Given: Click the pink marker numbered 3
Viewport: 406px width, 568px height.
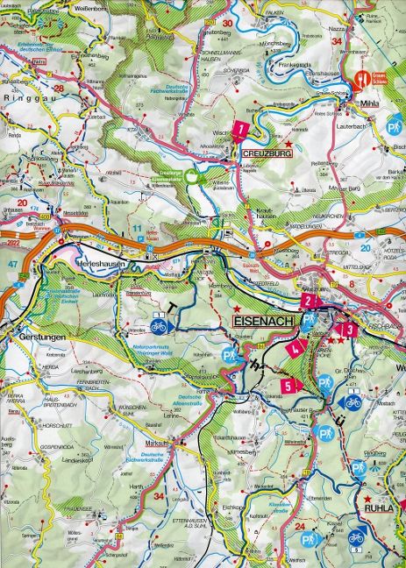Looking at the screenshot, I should tap(350, 330).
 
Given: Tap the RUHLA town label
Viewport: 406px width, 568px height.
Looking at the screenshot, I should tap(380, 506).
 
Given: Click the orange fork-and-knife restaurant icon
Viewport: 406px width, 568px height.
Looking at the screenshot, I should tap(360, 84).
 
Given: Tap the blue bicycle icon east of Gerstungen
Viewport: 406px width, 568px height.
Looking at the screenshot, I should tap(159, 324).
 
